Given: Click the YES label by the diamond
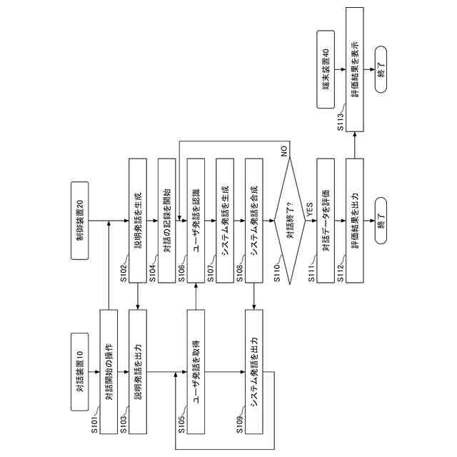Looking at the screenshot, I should coord(309,209).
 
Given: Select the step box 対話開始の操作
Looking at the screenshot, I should coord(109,371).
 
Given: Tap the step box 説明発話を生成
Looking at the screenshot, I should coord(138,224).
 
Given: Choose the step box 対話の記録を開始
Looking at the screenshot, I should coord(167,224).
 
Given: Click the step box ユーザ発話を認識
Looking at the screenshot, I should coord(196,224).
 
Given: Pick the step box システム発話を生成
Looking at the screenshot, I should coord(226,224).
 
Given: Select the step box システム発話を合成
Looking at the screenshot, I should coord(255,224).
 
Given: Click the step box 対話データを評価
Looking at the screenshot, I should coord(326,224).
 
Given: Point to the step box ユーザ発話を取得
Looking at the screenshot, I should coord(196,371).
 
